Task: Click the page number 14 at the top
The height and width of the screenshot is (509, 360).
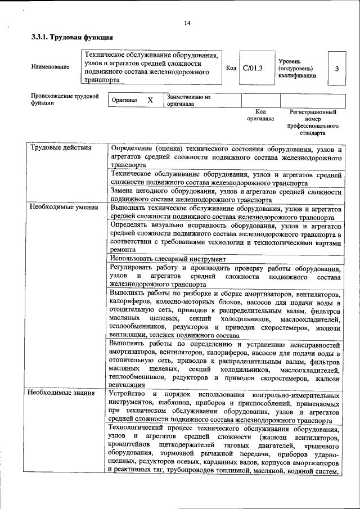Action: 187,23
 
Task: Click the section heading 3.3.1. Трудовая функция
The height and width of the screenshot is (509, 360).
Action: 72,38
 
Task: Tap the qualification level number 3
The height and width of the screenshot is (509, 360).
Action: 336,68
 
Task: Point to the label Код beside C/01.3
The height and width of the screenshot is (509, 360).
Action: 231,68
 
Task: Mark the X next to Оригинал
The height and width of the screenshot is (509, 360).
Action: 150,100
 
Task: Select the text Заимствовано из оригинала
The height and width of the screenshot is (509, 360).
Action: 188,100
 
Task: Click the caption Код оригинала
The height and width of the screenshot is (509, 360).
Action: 260,115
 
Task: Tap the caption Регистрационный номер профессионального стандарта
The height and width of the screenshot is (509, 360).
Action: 313,123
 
